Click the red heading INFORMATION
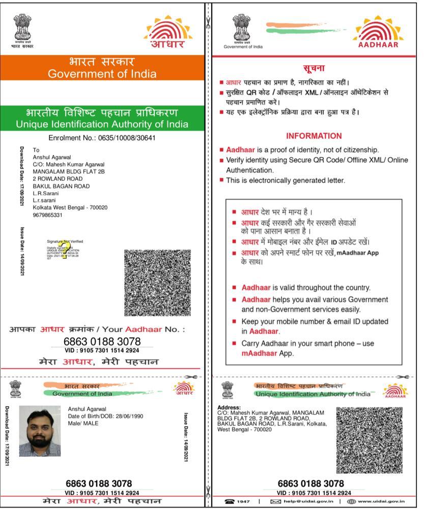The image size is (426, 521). tap(314, 136)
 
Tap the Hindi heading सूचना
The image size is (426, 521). tap(314, 69)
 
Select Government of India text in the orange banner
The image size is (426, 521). tap(102, 74)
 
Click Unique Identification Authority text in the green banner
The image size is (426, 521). tap(102, 124)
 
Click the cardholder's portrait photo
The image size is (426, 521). tap(40, 431)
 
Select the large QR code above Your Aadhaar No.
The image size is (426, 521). tap(157, 282)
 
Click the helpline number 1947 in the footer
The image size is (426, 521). tap(243, 502)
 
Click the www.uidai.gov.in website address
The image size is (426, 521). tap(381, 502)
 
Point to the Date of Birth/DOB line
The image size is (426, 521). tap(105, 416)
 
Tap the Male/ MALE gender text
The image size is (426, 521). tap(83, 423)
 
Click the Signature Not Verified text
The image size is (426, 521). tap(65, 241)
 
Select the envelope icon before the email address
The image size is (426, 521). tap(275, 502)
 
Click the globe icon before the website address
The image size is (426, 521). tap(351, 502)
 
